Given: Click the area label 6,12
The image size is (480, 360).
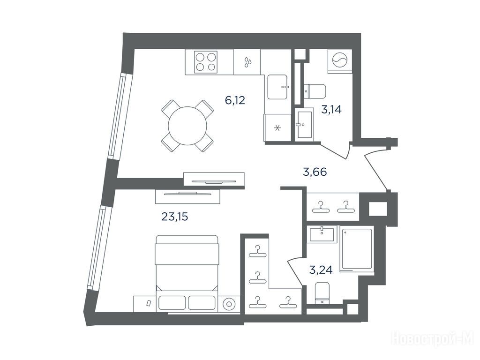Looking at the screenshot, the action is point(235,100).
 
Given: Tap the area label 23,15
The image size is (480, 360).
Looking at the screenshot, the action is point(174,217).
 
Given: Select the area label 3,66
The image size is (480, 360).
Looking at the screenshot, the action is point(315,172).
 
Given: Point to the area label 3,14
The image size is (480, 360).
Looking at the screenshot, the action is point(331,109).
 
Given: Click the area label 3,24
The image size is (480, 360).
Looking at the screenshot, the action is point(321,270).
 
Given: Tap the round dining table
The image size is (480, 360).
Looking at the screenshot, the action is point(187,126).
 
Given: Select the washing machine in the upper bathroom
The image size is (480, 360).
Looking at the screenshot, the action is point(339,61).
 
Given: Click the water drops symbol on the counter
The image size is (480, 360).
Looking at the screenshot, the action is point(247,62).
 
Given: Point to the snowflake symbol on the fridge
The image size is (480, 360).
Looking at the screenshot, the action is point(277,128).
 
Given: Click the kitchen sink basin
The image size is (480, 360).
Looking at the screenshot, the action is point(277,87).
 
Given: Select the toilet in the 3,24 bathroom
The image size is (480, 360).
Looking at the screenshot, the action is point(322,293).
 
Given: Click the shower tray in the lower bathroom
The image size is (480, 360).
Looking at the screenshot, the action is point(357,248).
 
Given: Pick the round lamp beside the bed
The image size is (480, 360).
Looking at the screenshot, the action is point(229,304).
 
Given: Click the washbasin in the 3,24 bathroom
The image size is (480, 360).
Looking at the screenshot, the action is point(322,234).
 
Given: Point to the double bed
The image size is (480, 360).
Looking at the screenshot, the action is point(187,273).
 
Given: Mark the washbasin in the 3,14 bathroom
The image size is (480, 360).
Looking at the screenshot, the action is point(303,124).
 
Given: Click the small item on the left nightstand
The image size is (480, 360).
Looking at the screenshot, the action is point(149,303).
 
